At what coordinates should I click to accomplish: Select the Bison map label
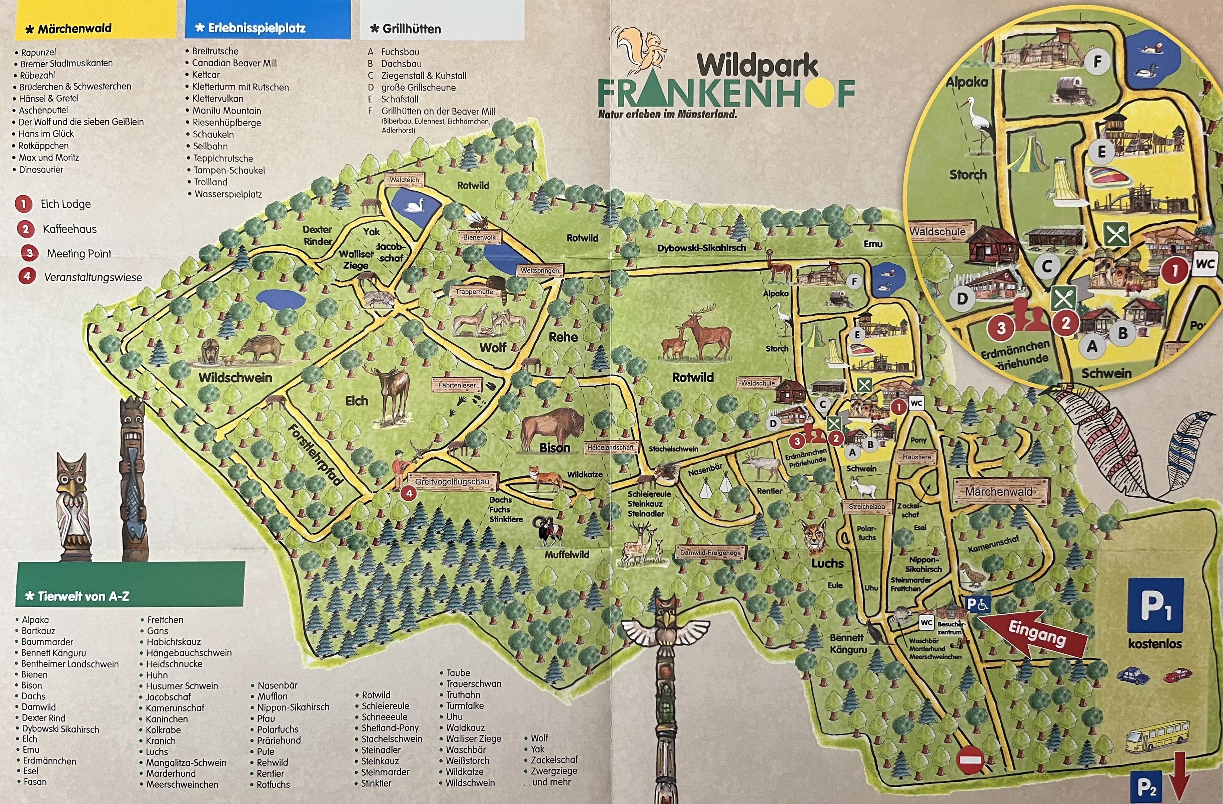click(555, 448)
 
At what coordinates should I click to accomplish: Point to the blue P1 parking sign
click(1155, 605)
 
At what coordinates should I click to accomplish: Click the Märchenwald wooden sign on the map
click(999, 491)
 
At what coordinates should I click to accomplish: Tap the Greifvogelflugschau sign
click(452, 482)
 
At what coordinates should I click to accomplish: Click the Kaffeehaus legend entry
click(69, 229)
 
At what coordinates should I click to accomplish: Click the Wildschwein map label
click(235, 378)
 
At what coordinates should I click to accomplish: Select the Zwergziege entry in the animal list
click(553, 770)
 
